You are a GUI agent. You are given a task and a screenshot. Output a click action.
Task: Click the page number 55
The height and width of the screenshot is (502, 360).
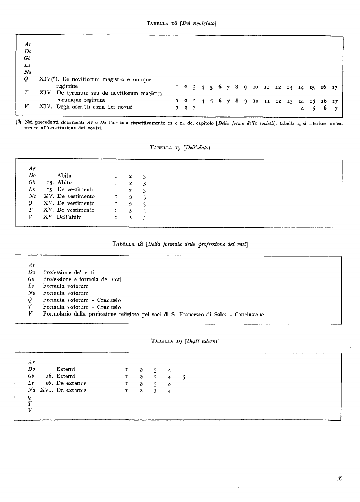tap(340, 479)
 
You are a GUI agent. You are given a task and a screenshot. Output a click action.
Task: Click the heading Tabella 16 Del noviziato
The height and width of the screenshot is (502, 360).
tap(181, 23)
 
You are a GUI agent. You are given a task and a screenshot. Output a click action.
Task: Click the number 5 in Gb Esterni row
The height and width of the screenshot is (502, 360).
tap(184, 377)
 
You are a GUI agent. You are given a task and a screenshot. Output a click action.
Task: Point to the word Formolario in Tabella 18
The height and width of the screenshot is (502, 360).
tap(57, 314)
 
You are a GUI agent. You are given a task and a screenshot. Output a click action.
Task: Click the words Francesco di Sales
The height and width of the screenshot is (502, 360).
tap(207, 314)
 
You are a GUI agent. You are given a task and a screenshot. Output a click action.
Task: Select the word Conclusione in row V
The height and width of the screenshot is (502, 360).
tap(249, 314)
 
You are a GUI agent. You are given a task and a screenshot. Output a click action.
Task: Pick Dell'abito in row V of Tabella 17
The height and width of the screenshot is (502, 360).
tap(69, 217)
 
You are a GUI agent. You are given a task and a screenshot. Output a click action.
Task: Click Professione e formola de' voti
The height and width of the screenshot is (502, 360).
tap(82, 279)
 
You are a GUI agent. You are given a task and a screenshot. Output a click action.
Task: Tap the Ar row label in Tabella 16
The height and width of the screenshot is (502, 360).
tap(28, 44)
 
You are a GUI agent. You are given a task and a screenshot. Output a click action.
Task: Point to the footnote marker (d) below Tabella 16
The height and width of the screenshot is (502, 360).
tap(19, 122)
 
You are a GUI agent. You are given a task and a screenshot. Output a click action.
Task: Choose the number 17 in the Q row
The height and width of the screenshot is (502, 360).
tap(334, 87)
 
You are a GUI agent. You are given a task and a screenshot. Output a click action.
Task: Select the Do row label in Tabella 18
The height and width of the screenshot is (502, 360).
tap(32, 272)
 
